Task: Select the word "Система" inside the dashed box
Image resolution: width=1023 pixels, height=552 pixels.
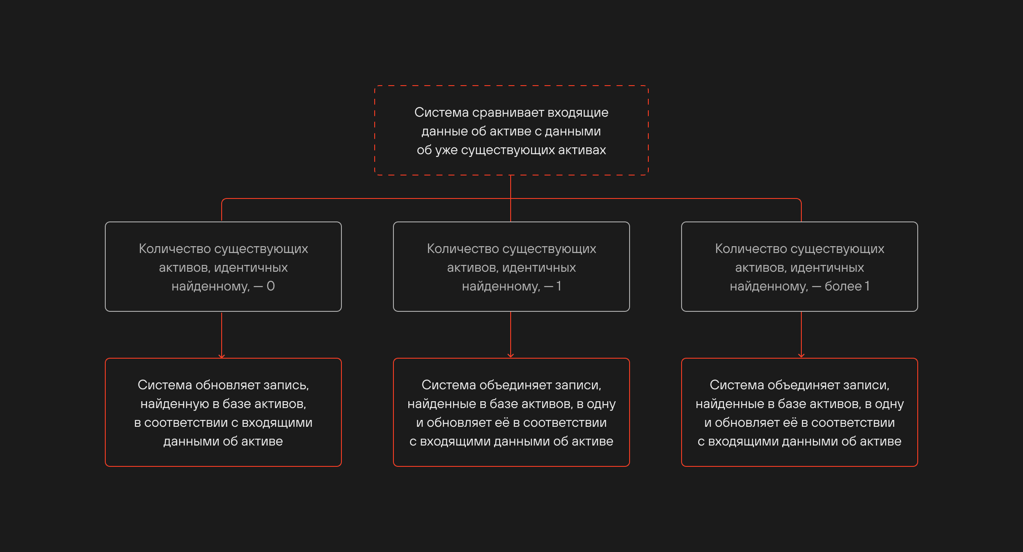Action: pyautogui.click(x=442, y=112)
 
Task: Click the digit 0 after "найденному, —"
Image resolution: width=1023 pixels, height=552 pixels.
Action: pyautogui.click(x=271, y=286)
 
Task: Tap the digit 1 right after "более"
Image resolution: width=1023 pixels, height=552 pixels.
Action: pyautogui.click(x=867, y=286)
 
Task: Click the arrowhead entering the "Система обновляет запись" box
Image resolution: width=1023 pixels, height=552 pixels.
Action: pyautogui.click(x=222, y=356)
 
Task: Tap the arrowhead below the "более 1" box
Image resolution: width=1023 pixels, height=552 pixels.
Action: pyautogui.click(x=801, y=356)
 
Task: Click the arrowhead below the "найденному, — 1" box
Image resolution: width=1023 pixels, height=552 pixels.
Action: pyautogui.click(x=511, y=356)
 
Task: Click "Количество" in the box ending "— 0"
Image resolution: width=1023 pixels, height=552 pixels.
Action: pyautogui.click(x=175, y=249)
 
